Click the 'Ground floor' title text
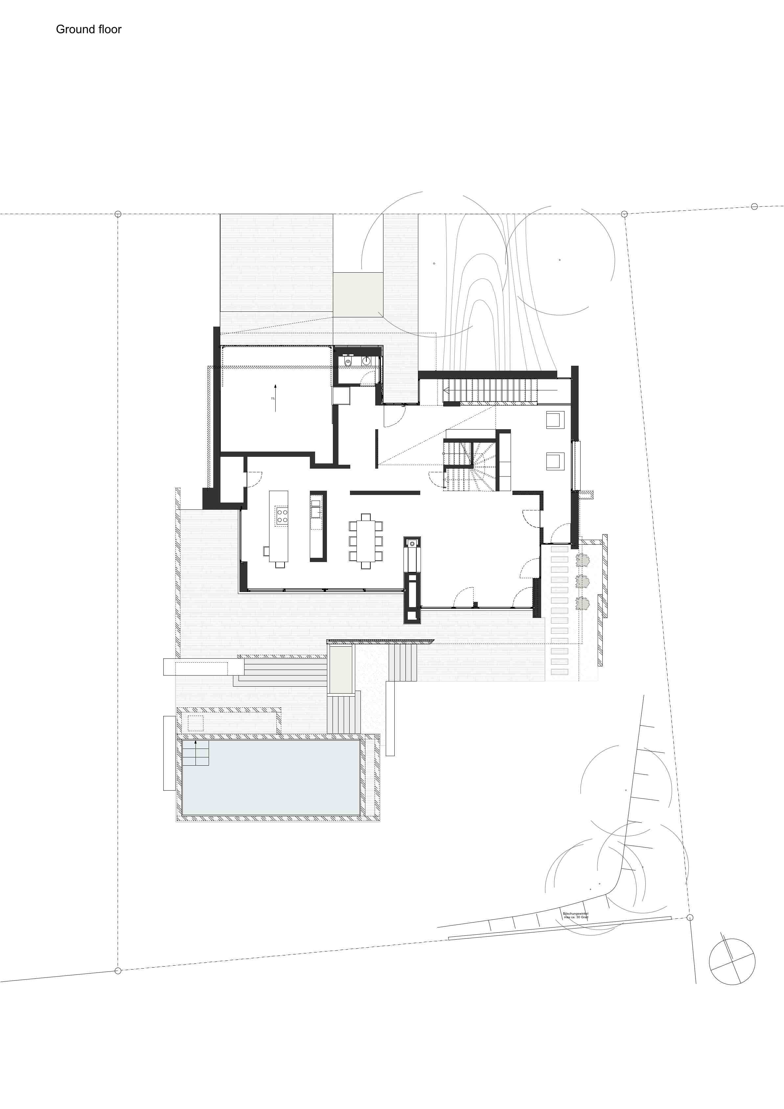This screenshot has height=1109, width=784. pyautogui.click(x=88, y=30)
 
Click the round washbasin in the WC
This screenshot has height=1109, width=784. pyautogui.click(x=367, y=360)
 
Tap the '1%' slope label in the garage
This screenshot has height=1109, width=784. pyautogui.click(x=273, y=399)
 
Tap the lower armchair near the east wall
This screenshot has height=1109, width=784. pyautogui.click(x=555, y=461)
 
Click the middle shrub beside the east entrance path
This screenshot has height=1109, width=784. pyautogui.click(x=582, y=581)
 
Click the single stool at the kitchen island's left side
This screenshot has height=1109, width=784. pyautogui.click(x=266, y=551)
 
